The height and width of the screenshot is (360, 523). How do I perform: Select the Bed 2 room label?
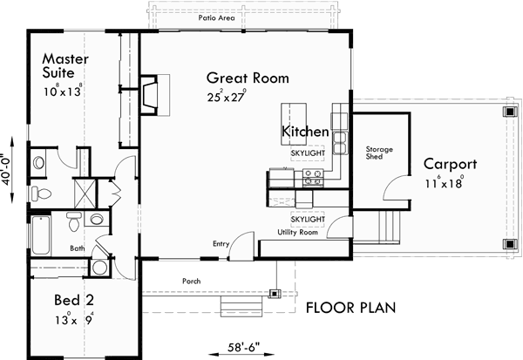pyautogui.click(x=68, y=301)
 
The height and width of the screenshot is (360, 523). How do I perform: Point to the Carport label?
pyautogui.click(x=450, y=164)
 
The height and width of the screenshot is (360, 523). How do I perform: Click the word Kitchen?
pyautogui.click(x=305, y=132)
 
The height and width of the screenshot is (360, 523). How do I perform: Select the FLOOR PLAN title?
pyautogui.click(x=350, y=307)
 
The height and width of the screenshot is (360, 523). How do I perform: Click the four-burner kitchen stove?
pyautogui.click(x=312, y=178)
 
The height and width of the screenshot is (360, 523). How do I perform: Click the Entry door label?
pyautogui.click(x=220, y=245)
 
